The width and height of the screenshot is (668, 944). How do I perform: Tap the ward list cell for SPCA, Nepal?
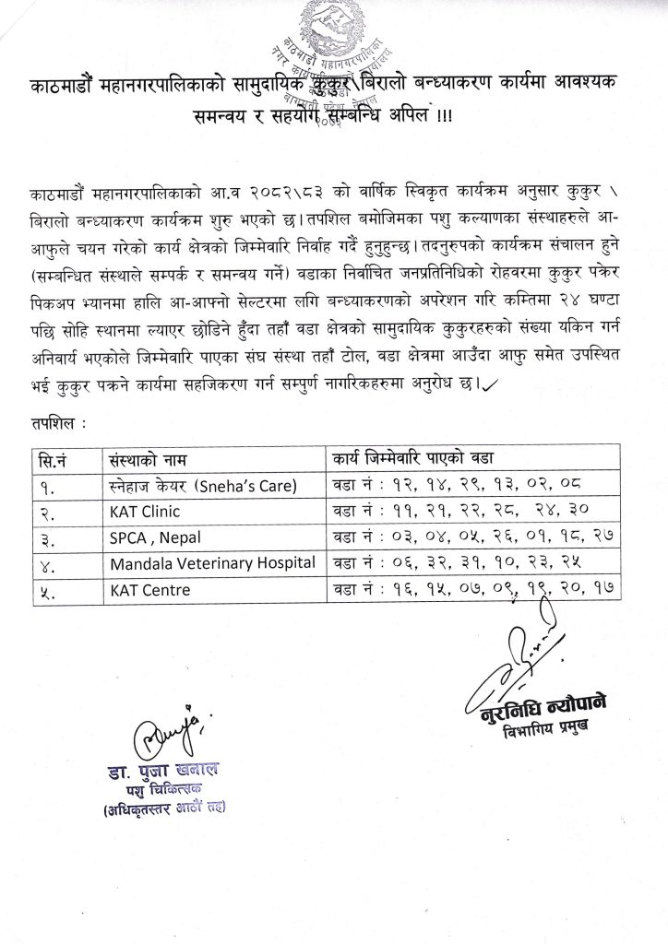pos(470,535)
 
